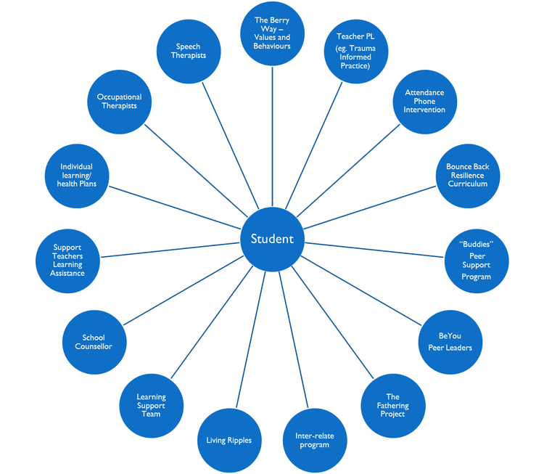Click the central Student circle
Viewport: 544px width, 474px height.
click(272, 239)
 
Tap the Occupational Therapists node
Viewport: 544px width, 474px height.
click(119, 101)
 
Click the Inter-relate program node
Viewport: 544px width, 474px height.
click(313, 440)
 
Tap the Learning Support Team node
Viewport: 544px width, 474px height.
click(151, 405)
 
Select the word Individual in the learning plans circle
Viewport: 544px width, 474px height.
click(77, 166)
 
